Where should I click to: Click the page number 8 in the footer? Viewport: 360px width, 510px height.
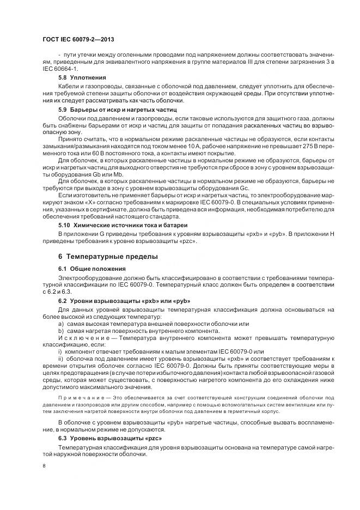(44, 465)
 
